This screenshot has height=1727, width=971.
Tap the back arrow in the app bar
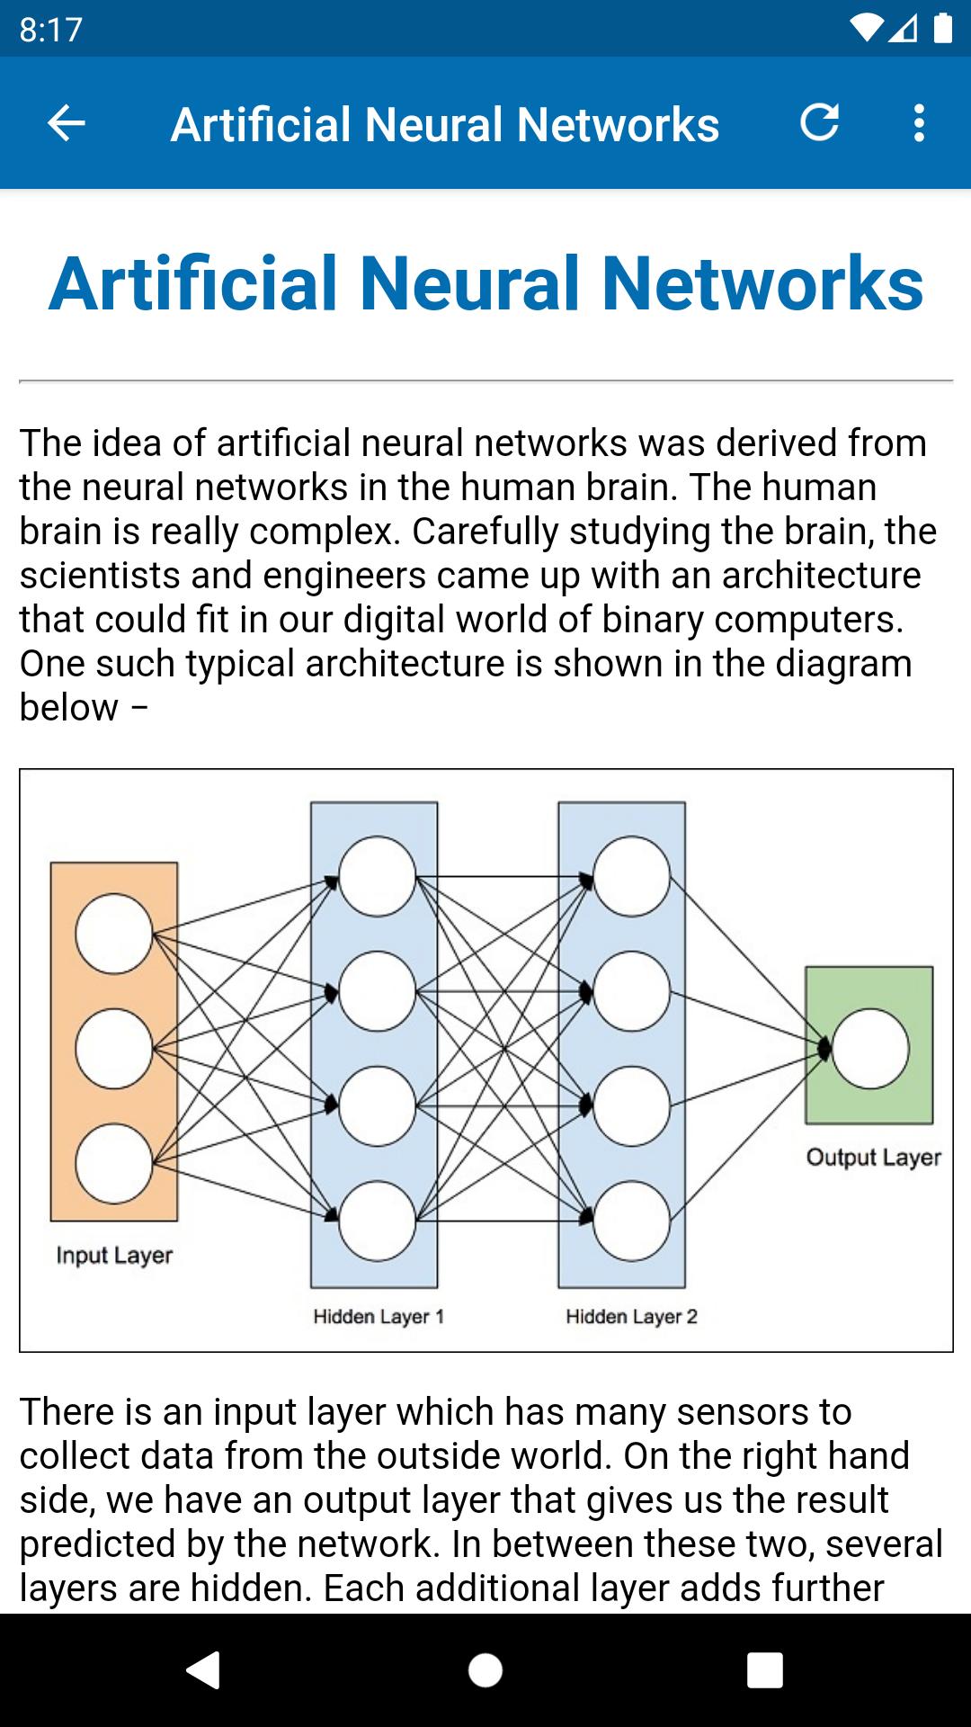(x=66, y=123)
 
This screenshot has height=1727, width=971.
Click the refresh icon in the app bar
(x=819, y=122)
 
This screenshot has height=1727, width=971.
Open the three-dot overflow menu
(x=918, y=123)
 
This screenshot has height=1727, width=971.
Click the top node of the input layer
(x=114, y=934)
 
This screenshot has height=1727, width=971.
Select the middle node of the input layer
(x=114, y=1049)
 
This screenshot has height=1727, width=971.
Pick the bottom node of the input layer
(x=114, y=1163)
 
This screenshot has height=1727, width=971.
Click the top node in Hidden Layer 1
(x=378, y=876)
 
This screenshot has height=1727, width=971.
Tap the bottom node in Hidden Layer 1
(x=378, y=1221)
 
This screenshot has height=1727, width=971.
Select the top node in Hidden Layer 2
(x=632, y=876)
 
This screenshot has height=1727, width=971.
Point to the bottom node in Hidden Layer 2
(x=632, y=1221)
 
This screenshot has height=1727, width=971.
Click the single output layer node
(x=870, y=1049)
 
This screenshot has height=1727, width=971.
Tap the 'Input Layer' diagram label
(x=114, y=1255)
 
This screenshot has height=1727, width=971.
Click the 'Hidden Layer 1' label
(x=379, y=1317)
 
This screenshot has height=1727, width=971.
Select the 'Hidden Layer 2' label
(x=631, y=1317)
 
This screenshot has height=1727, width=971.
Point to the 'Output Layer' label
(x=873, y=1157)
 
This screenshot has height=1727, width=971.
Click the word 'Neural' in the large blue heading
(x=470, y=283)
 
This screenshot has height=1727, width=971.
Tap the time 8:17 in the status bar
(x=50, y=30)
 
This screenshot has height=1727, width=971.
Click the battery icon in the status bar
(x=942, y=29)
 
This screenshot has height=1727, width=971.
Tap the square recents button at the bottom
(x=764, y=1670)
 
